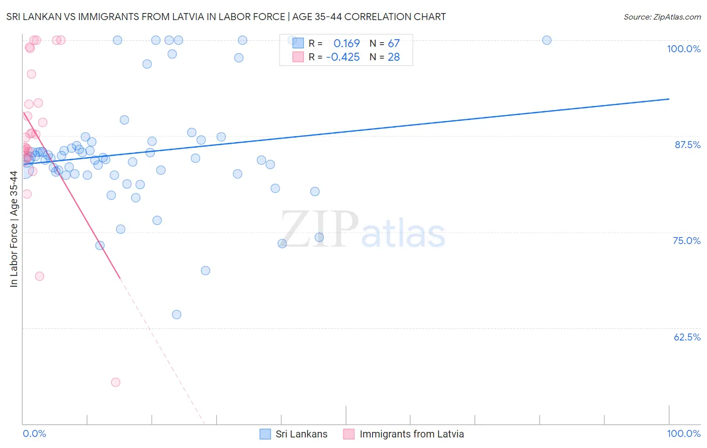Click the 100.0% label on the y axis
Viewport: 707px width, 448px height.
(683, 49)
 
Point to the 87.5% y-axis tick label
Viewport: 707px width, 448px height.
(687, 145)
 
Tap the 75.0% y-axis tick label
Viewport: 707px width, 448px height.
(686, 241)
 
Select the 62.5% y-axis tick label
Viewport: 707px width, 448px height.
(687, 337)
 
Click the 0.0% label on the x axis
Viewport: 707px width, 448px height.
(34, 433)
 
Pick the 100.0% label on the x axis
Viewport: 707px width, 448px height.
(683, 433)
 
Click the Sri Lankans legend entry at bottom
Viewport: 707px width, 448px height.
(301, 434)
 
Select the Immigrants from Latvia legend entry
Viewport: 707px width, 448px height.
(411, 434)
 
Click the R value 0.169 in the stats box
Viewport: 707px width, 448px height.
(346, 43)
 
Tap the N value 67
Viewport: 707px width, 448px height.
(394, 43)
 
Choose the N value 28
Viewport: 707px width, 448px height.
(394, 57)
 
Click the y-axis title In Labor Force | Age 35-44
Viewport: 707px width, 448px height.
(14, 229)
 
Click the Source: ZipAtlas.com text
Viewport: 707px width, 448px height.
(662, 17)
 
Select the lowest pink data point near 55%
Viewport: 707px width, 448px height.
(116, 382)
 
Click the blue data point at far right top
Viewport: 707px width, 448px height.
(547, 40)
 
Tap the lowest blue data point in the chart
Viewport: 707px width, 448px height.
(176, 314)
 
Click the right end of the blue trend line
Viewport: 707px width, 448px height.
(669, 99)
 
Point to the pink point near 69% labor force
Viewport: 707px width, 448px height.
(40, 276)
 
